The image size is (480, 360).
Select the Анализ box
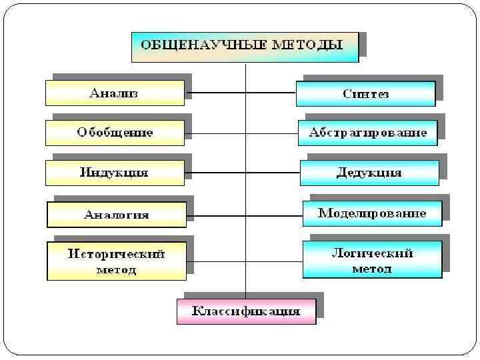click(115, 93)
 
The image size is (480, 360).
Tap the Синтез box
click(365, 94)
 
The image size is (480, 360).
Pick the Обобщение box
click(115, 133)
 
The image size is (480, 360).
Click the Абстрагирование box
click(367, 133)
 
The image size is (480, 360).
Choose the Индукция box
click(115, 173)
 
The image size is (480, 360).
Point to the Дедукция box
click(369, 173)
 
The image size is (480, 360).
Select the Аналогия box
click(116, 215)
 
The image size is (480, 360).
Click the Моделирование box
click(371, 214)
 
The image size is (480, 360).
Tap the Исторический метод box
click(116, 261)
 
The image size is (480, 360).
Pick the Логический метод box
click(372, 260)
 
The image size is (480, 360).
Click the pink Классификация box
click(246, 311)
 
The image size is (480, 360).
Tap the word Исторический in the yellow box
click(116, 254)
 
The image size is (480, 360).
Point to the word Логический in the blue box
click(372, 253)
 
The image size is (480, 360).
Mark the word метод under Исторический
click(116, 270)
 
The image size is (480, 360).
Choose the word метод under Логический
click(372, 269)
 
